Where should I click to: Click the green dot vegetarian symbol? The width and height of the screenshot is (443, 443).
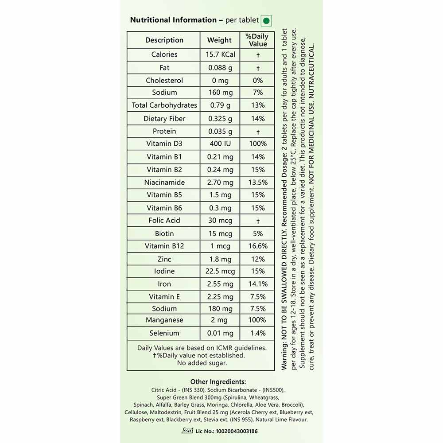click(266, 20)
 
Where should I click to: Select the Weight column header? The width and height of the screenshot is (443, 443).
click(219, 40)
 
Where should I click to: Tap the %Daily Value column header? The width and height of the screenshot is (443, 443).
click(257, 40)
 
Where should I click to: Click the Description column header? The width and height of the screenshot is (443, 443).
click(164, 40)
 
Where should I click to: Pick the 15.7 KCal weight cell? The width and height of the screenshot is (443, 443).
click(220, 54)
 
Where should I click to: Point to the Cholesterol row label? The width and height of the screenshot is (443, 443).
click(164, 81)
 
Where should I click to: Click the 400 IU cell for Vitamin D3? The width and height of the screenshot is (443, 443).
click(220, 144)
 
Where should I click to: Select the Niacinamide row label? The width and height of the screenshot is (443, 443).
click(164, 183)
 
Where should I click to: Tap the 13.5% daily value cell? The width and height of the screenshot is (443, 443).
click(257, 183)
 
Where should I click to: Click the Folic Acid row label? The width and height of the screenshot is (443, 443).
click(164, 220)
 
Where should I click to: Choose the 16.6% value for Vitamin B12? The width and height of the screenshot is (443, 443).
click(257, 246)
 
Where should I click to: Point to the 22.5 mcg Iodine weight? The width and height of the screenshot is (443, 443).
click(220, 271)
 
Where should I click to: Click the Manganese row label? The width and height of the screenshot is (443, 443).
click(164, 320)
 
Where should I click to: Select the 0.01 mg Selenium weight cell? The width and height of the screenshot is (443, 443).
click(220, 333)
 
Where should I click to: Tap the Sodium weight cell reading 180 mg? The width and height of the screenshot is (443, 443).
click(220, 309)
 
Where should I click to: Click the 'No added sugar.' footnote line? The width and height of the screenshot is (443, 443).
click(202, 363)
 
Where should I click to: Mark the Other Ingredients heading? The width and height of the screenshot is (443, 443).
click(218, 382)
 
